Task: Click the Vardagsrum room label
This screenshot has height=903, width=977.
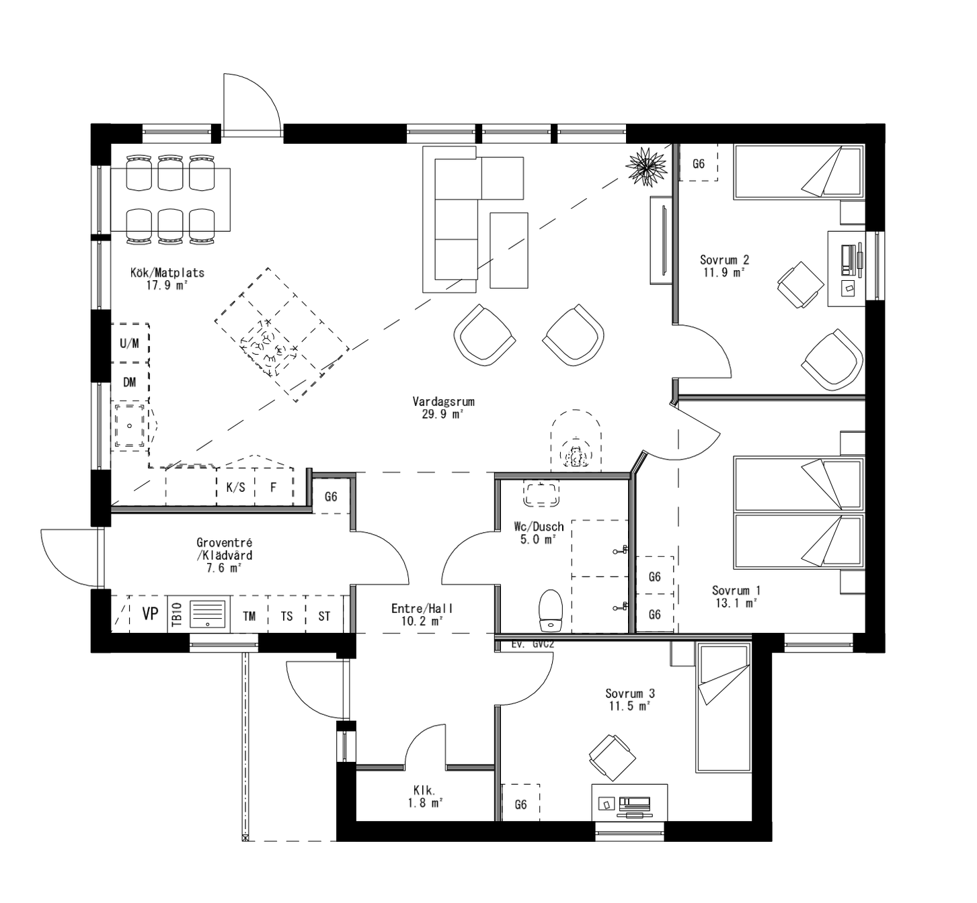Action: point(443,402)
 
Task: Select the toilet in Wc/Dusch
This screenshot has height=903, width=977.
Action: point(551,610)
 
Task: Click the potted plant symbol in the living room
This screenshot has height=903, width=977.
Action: point(646,165)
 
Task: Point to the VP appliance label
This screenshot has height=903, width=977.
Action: point(150,613)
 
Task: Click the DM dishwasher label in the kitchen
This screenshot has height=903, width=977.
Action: point(130,382)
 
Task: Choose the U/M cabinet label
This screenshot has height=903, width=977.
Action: point(130,343)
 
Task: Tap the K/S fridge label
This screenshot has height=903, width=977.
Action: point(235,488)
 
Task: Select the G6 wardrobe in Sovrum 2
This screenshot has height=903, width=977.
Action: point(699,163)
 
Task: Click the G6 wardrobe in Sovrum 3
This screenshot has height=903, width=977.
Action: point(520,804)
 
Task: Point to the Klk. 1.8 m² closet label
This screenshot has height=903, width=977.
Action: point(425,797)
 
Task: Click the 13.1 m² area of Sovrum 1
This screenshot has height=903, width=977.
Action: point(736,603)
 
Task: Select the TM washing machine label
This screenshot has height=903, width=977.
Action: point(249,615)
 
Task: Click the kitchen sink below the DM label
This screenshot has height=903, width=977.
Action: point(129,426)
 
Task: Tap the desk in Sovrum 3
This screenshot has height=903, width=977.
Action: point(629,802)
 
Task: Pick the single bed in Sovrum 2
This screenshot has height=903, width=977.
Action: point(798,172)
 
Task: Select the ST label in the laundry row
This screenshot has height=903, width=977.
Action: point(324,615)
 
